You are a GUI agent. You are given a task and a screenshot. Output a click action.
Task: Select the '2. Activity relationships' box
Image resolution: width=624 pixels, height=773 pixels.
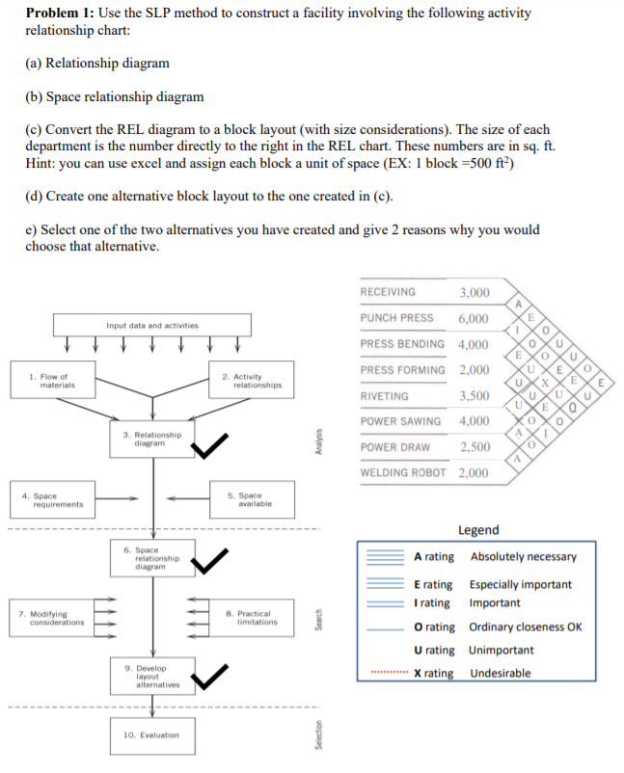click(x=250, y=380)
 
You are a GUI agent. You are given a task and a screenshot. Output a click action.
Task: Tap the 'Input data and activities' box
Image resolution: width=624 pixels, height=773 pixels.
click(x=151, y=326)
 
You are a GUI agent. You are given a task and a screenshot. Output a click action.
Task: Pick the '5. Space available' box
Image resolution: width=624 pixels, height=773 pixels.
click(x=250, y=499)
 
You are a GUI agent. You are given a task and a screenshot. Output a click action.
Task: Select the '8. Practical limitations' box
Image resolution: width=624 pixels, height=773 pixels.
click(x=250, y=618)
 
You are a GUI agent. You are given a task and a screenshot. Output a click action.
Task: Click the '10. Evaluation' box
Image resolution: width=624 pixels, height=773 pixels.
click(x=151, y=734)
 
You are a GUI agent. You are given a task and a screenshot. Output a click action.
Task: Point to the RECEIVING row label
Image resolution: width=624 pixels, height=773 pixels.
click(x=388, y=292)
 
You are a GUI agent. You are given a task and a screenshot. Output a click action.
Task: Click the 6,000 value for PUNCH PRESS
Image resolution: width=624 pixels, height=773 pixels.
click(x=474, y=318)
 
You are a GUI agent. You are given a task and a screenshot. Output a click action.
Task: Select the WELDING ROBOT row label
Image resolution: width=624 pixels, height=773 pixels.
click(x=403, y=473)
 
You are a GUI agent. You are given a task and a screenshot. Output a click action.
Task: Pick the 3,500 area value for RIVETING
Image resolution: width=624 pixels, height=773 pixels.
click(x=474, y=396)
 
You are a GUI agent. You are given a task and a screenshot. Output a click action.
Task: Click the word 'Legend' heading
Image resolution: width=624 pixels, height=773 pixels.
click(x=478, y=530)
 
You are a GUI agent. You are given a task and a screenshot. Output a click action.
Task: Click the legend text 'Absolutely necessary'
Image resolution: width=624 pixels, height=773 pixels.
click(x=523, y=557)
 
